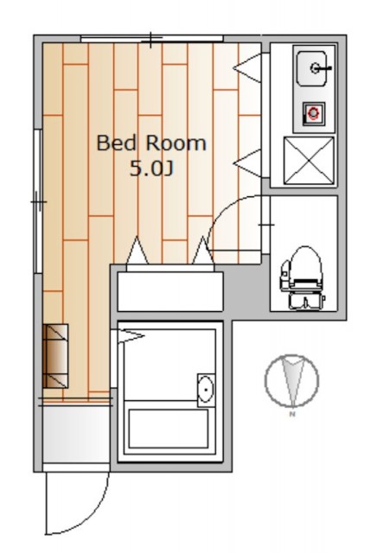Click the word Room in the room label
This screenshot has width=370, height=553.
tap(176, 143)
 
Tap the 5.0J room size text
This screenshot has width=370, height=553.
tap(151, 168)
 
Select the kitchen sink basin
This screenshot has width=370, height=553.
tap(311, 68)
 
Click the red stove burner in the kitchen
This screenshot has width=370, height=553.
tap(313, 113)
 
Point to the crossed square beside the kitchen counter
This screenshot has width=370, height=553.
tap(309, 161)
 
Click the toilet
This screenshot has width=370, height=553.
tap(302, 278)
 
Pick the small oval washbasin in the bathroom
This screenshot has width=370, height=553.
tap(206, 390)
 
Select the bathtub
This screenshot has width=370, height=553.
tap(169, 429)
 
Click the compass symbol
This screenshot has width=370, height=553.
tap(291, 380)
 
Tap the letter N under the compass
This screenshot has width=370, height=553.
tap(292, 415)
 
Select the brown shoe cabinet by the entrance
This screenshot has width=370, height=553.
tap(55, 356)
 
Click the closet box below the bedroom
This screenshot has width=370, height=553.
tap(170, 291)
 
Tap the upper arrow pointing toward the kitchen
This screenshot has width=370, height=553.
tap(247, 67)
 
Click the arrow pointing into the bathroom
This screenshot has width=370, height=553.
tap(131, 335)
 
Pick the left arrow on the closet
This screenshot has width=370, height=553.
tap(137, 251)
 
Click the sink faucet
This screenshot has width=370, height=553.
tap(320, 67)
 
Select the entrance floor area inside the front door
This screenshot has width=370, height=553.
tap(76, 435)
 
